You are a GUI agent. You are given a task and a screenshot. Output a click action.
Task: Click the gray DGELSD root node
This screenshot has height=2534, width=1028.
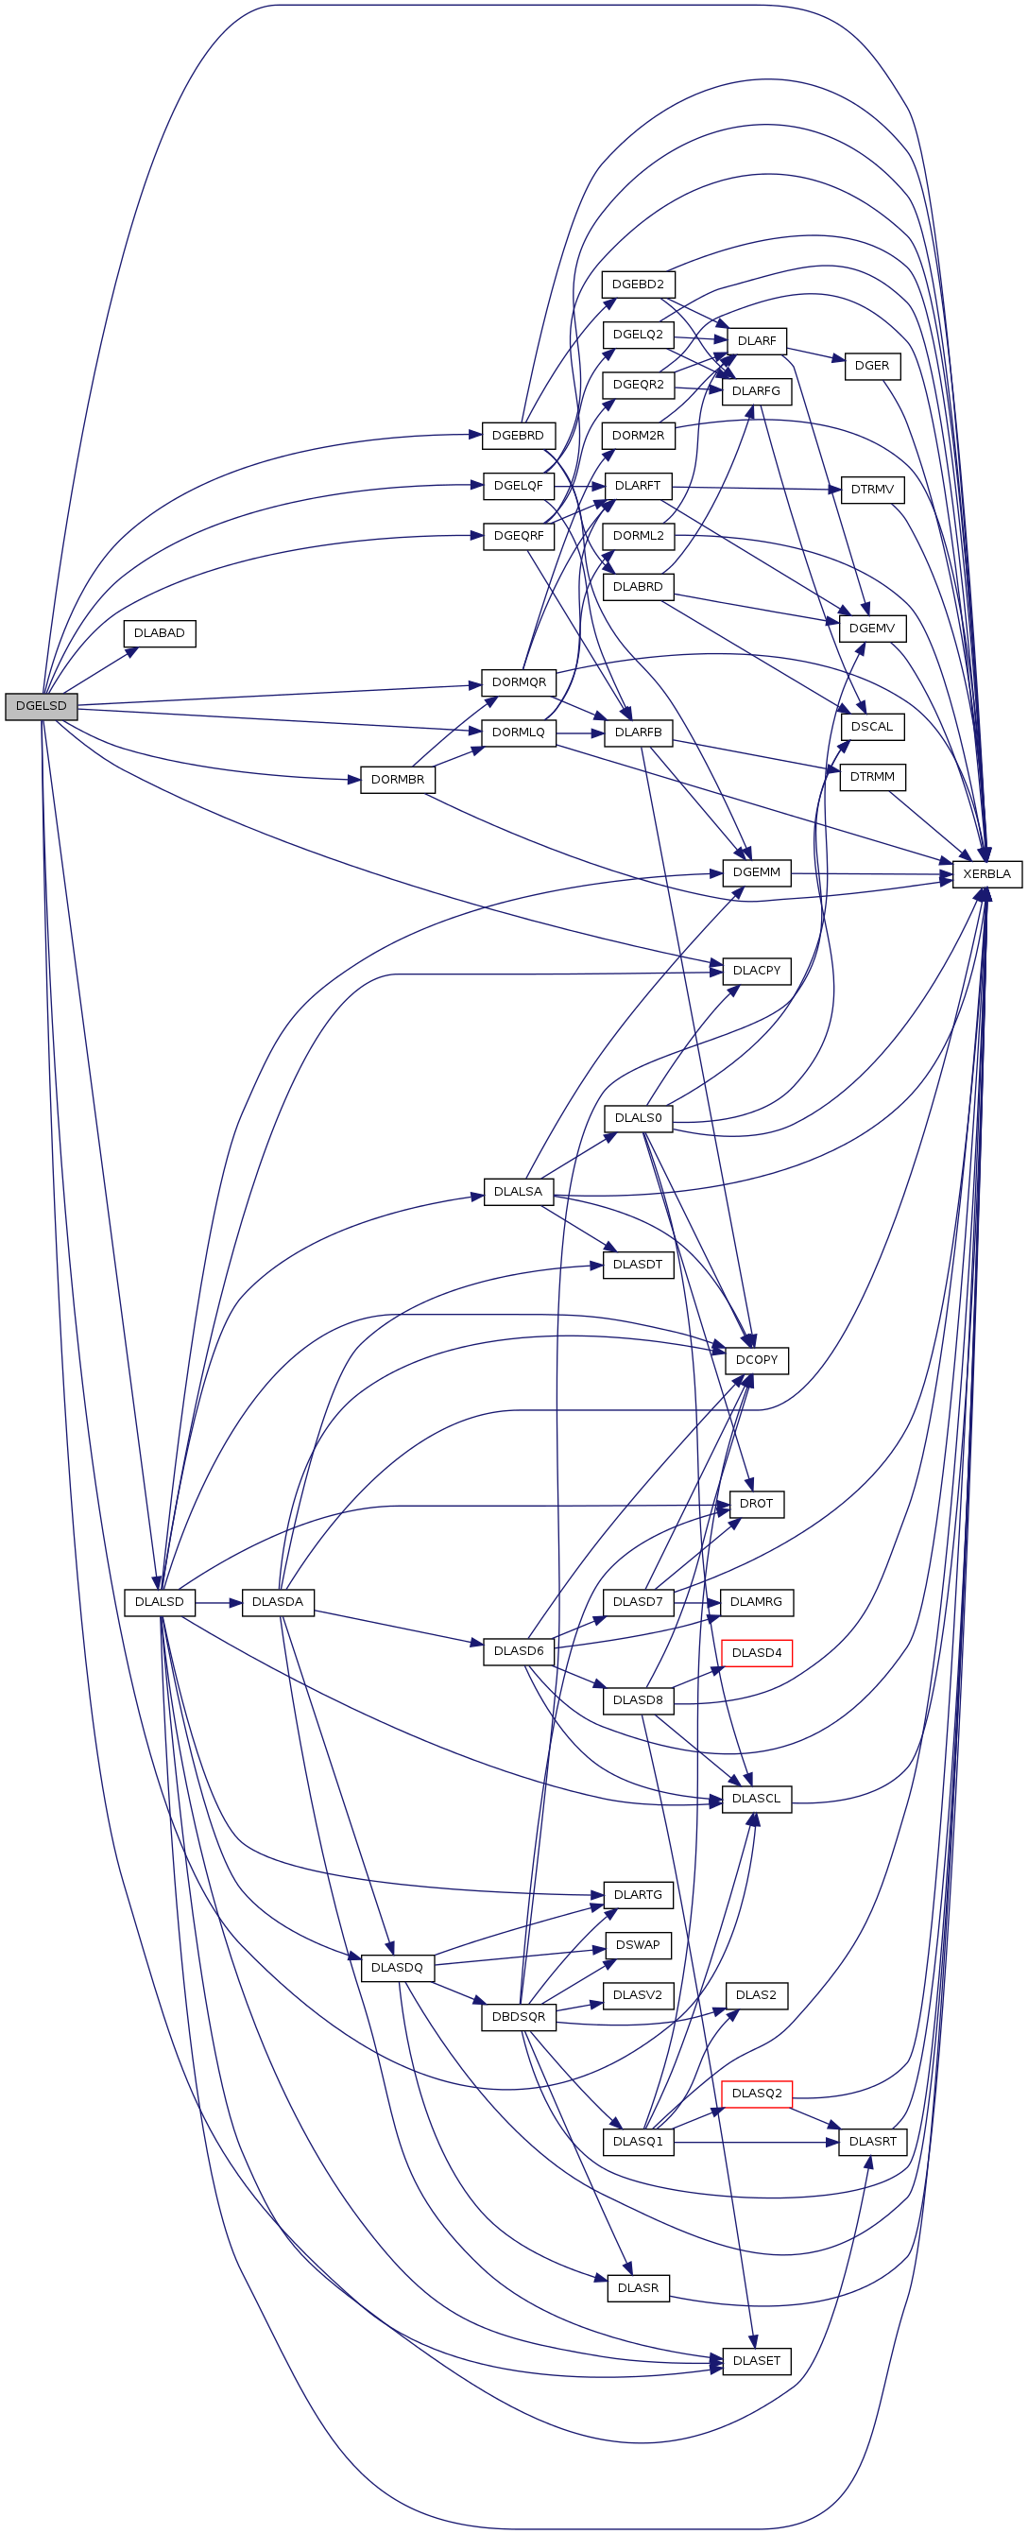coord(42,706)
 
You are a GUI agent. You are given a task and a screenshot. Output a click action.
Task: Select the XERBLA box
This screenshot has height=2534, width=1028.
coord(986,873)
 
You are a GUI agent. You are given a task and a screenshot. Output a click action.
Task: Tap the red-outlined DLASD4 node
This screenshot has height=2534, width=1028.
coord(757,1652)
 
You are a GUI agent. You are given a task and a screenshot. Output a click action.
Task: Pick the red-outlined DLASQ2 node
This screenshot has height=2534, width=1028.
coord(757,2094)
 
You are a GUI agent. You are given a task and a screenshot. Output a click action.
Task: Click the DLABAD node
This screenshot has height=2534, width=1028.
coord(160,633)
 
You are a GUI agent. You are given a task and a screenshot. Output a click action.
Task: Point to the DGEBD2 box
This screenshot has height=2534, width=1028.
coord(639,284)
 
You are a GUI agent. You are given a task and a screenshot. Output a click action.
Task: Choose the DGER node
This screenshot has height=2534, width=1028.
coord(871,366)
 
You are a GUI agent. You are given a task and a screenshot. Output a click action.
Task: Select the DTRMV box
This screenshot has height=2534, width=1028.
coord(872,490)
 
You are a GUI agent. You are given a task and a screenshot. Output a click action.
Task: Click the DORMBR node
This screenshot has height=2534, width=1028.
coord(398,779)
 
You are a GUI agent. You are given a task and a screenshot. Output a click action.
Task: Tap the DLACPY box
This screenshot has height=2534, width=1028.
coord(757,971)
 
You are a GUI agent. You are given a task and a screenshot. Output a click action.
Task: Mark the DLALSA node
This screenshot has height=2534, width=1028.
coord(519,1191)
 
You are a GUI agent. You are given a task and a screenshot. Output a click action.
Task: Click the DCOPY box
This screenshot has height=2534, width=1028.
coord(757,1359)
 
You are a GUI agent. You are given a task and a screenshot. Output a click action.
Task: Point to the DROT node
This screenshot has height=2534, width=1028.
coord(757,1504)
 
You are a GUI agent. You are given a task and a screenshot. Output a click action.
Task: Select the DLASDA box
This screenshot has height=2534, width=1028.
coord(278,1602)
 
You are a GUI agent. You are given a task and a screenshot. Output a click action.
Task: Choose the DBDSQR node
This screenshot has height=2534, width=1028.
coord(519,2017)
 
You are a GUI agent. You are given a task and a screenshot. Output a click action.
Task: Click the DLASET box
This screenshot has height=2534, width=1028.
coord(757,2361)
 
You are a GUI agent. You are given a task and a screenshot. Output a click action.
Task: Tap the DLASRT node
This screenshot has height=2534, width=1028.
coord(872,2142)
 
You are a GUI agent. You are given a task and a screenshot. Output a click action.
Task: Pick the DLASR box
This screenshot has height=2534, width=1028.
coord(639,2288)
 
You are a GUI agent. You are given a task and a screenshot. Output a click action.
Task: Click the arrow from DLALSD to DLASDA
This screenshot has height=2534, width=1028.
coord(218,1602)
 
